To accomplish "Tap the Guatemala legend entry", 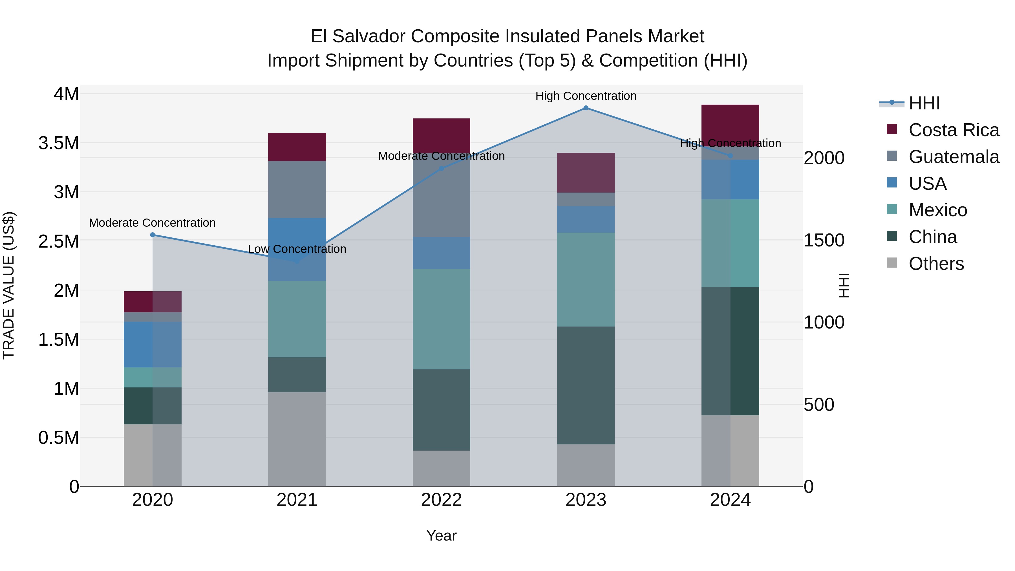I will coord(954,157).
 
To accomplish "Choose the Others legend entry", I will coord(936,264).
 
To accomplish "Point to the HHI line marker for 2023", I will coord(586,108).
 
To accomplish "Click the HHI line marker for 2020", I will coord(153,235).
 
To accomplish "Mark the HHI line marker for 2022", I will coord(441,169).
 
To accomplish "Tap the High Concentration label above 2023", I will coord(586,96).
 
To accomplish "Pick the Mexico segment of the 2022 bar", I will coord(441,319).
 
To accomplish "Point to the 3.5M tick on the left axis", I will coord(59,143).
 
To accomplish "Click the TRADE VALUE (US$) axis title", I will coord(9,285).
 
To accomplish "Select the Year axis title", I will coord(441,535).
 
